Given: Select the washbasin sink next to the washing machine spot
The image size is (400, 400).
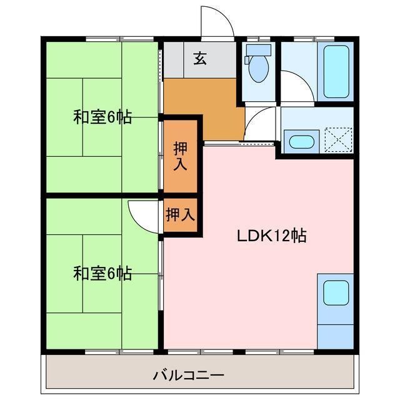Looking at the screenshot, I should [x=301, y=141].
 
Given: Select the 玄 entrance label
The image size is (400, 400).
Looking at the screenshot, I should [x=200, y=59].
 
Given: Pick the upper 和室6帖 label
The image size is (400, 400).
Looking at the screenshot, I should [x=102, y=117].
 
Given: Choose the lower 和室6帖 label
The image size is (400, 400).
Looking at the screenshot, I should [x=102, y=273].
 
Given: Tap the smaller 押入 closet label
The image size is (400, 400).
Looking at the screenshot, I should [x=181, y=215].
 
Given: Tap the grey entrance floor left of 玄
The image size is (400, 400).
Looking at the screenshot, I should [x=175, y=61].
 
